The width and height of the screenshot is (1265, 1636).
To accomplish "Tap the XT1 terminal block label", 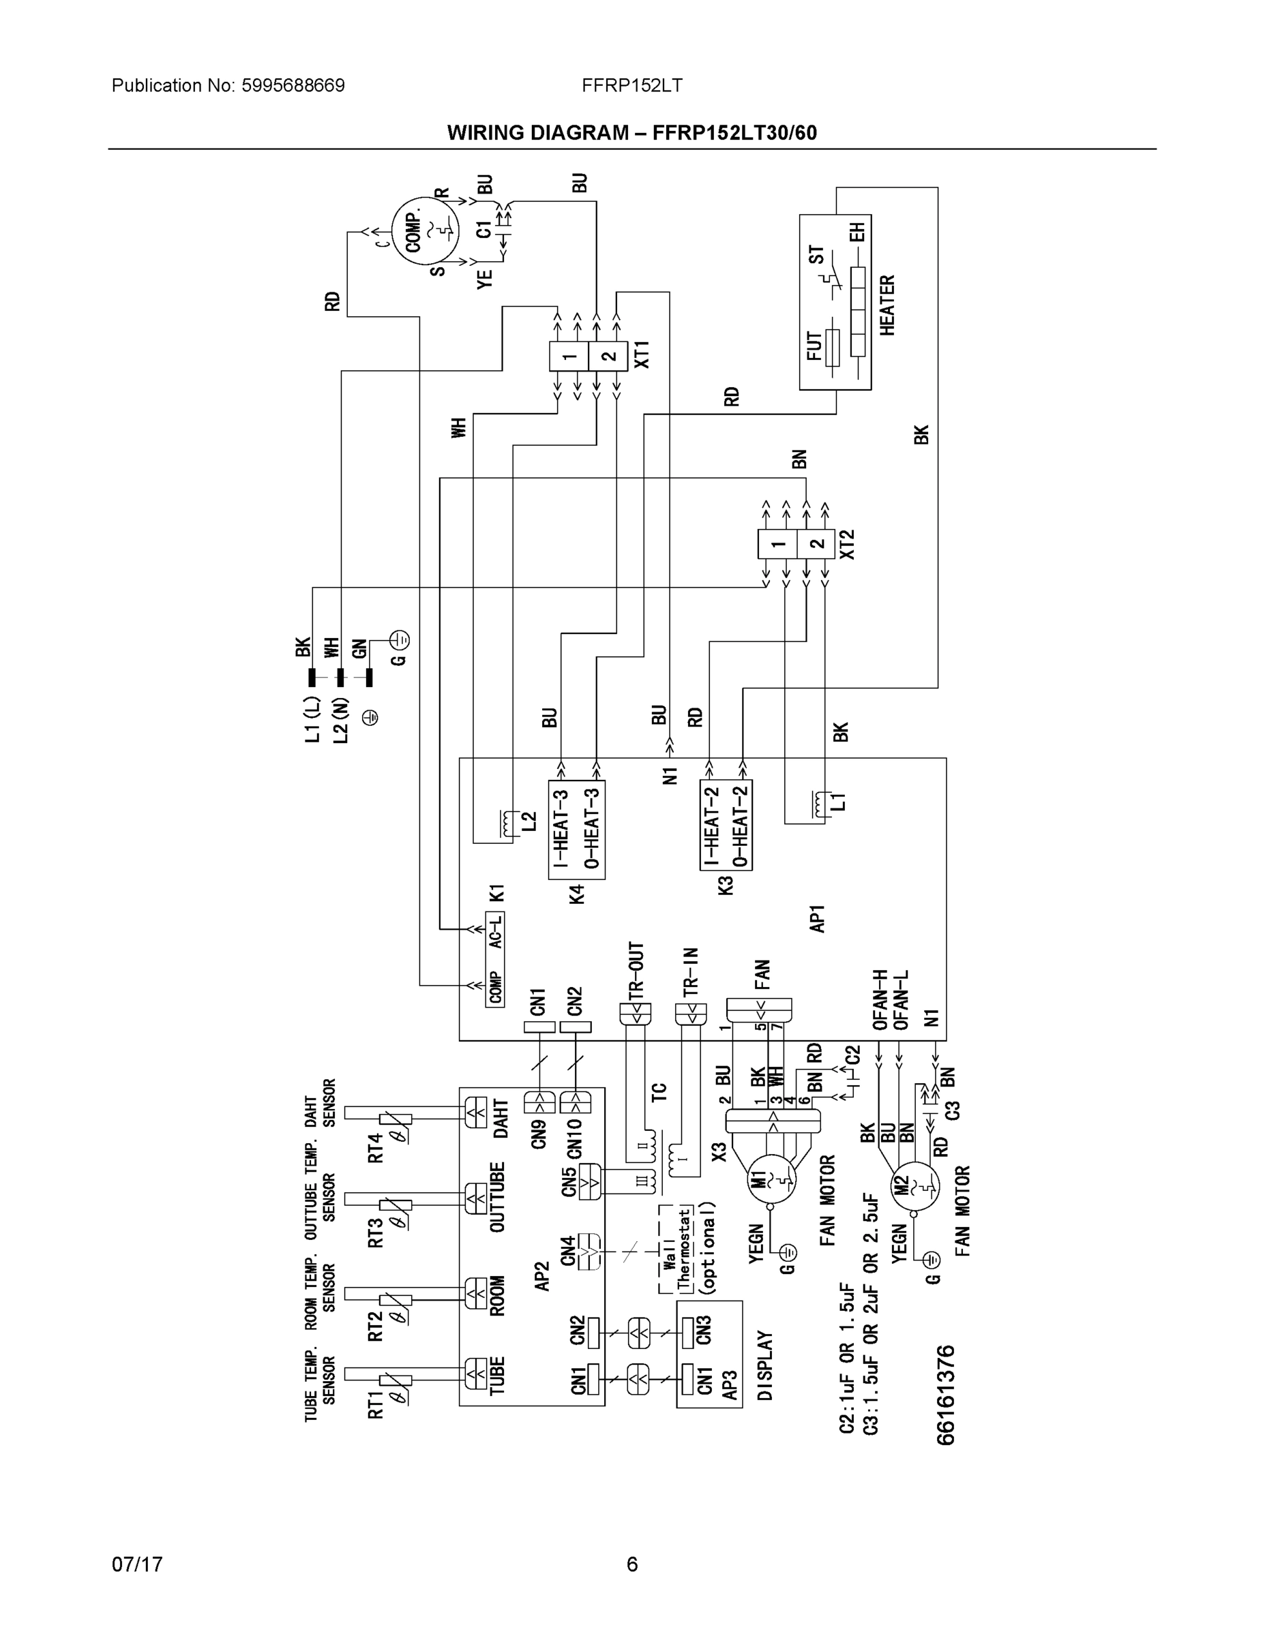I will pyautogui.click(x=642, y=354).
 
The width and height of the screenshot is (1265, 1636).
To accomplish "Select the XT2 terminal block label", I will pyautogui.click(x=847, y=545).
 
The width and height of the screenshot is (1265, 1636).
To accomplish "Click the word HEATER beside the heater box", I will pyautogui.click(x=887, y=305).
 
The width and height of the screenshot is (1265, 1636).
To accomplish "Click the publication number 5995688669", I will pyautogui.click(x=293, y=85).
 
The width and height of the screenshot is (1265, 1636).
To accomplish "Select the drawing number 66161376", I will pyautogui.click(x=946, y=1395).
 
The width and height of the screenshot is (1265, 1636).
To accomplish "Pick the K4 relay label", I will pyautogui.click(x=576, y=894).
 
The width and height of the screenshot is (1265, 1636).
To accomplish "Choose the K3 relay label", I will pyautogui.click(x=726, y=885).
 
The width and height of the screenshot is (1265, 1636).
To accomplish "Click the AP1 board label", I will pyautogui.click(x=817, y=918).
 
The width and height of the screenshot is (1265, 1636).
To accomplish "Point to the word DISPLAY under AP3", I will pyautogui.click(x=764, y=1365).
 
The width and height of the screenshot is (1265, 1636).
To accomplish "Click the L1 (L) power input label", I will pyautogui.click(x=312, y=719).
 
